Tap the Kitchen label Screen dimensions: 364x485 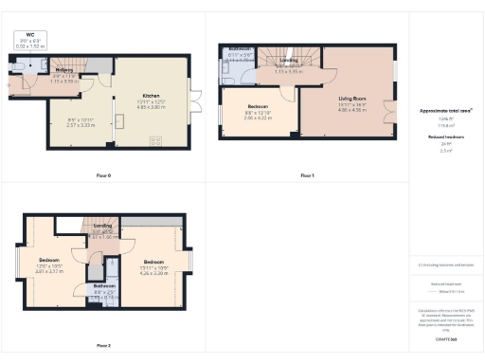tap(151, 96)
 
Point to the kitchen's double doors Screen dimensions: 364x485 tap(196, 101)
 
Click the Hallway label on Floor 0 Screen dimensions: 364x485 tap(64, 70)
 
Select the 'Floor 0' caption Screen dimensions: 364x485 tap(103, 176)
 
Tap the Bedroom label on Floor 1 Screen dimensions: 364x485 tap(258, 106)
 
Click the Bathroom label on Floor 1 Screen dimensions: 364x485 tap(239, 48)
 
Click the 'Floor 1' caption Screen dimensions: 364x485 tap(306, 176)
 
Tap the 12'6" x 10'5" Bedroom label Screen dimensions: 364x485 tap(49, 259)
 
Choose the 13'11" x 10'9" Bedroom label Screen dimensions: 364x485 tap(154, 261)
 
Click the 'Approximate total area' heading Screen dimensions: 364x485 tap(446, 110)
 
